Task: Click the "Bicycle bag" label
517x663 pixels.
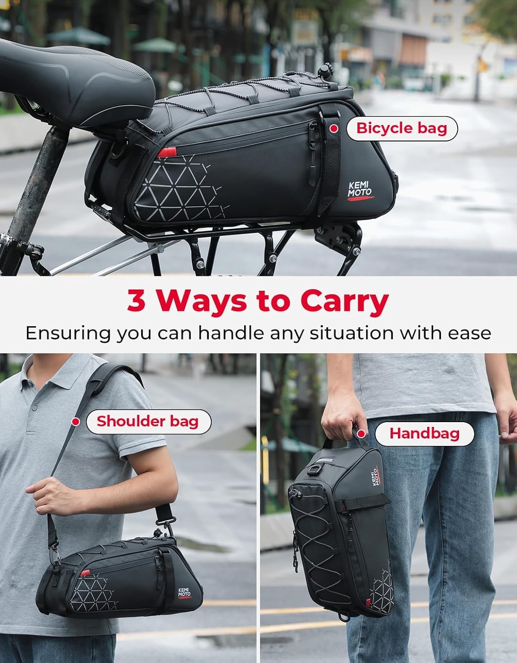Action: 402,129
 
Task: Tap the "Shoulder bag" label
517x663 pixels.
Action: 148,421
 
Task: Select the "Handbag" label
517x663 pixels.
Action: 425,434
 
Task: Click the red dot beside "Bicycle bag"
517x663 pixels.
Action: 334,129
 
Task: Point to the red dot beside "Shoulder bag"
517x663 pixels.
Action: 76,422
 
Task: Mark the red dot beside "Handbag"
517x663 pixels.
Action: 361,434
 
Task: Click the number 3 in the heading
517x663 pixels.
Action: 136,301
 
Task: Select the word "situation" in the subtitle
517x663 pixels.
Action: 352,333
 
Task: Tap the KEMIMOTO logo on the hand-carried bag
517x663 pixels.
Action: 375,476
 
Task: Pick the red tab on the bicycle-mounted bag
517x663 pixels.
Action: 167,152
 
